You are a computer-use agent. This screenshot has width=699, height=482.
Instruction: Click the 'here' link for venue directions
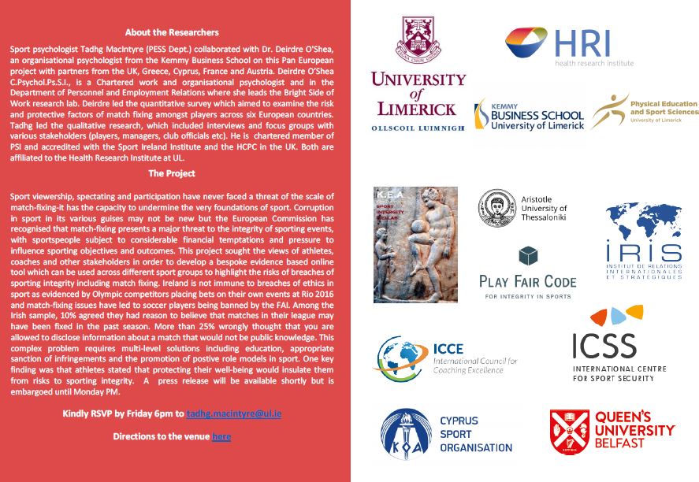[221, 436]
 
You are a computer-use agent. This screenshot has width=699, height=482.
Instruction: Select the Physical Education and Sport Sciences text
[664, 110]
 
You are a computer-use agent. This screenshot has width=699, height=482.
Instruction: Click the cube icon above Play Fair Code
[527, 257]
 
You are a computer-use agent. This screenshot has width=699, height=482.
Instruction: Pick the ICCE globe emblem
[400, 358]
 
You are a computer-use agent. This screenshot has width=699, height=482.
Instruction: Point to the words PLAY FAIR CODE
[527, 281]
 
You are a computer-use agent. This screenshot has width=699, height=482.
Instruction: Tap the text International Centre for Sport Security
[619, 373]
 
